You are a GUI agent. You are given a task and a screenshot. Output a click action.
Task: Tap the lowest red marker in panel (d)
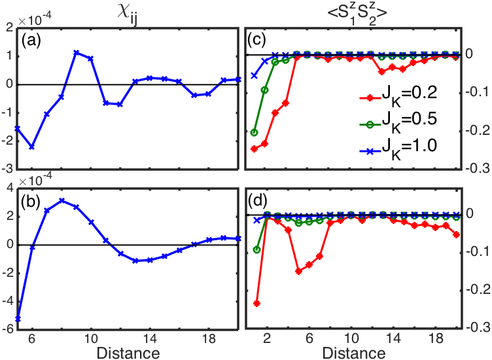[x=256, y=304]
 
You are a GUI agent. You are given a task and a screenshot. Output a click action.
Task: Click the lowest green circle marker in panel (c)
[x=255, y=132]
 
